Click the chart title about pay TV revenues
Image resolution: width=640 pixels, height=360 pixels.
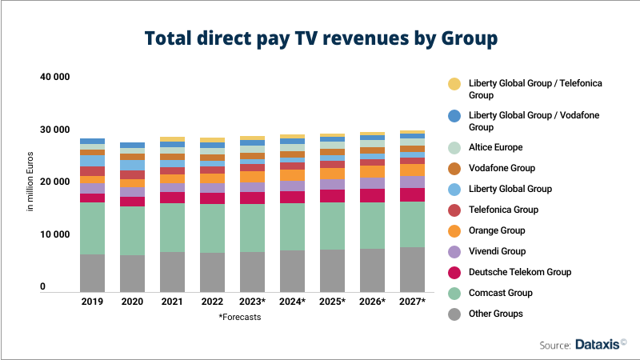click(x=320, y=38)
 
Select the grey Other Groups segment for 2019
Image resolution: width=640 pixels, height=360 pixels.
click(x=92, y=272)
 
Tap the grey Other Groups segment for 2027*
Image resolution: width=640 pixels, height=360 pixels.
click(x=412, y=269)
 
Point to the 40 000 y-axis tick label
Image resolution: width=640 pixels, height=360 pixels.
click(x=54, y=77)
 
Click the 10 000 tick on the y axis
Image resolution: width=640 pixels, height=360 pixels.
click(x=54, y=234)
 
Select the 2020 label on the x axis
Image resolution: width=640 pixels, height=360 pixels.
click(x=132, y=302)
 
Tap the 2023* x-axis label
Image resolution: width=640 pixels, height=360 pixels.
click(x=252, y=302)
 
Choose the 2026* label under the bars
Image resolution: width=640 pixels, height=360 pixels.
click(x=372, y=302)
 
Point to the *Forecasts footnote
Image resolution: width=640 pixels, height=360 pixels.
click(x=239, y=317)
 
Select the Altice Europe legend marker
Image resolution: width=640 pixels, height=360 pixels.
click(x=454, y=147)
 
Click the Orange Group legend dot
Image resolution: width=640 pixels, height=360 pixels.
click(x=454, y=230)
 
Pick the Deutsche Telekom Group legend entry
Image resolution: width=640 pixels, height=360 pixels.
click(x=521, y=272)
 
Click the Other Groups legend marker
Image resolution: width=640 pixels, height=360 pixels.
click(x=454, y=314)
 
